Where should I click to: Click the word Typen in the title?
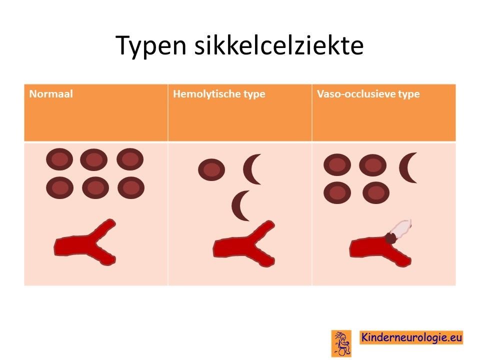coord(151,46)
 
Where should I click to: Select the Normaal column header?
coord(51,93)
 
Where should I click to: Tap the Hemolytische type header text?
coord(219,93)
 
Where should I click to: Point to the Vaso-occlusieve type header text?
coord(368,93)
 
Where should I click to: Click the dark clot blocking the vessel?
coord(390,237)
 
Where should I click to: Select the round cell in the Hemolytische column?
coord(211,169)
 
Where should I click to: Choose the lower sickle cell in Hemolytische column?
coord(239,205)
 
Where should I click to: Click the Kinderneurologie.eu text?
coord(411,337)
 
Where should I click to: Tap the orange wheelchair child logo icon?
coord(341,343)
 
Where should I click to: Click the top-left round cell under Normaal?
coord(59,159)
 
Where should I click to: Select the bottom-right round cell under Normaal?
coord(131,187)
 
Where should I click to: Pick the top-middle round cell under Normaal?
coord(93,159)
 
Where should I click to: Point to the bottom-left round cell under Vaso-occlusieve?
coord(337,192)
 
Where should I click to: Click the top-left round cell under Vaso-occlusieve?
coord(337,164)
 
